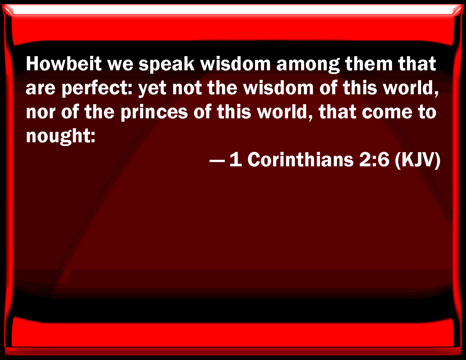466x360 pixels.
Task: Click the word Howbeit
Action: click(x=64, y=64)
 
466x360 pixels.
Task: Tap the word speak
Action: click(x=166, y=65)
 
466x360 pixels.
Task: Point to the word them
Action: click(x=369, y=64)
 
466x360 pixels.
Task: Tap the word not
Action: click(x=187, y=88)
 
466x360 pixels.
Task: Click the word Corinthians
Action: click(x=300, y=160)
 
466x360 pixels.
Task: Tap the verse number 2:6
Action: click(x=374, y=160)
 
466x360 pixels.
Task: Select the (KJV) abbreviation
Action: click(x=417, y=160)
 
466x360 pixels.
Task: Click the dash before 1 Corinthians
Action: click(x=217, y=161)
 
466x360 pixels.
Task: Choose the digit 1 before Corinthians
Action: click(x=236, y=160)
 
